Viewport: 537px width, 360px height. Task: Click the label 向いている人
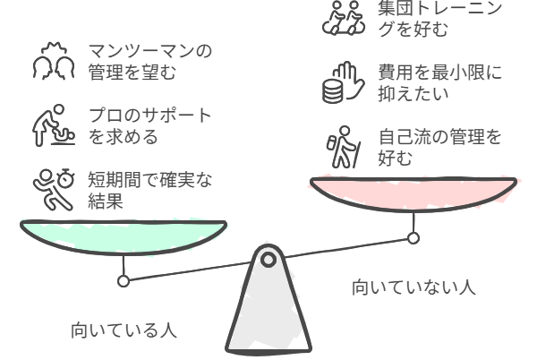124,330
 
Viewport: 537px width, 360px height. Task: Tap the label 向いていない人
413,287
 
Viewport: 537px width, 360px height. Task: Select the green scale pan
124,237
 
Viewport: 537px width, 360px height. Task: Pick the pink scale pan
413,194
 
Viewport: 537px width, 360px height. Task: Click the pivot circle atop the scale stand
268,260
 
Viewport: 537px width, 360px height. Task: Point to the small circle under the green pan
124,281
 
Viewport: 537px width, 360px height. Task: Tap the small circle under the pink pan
413,237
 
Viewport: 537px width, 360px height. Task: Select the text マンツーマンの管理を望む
150,61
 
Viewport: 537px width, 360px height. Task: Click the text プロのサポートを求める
150,125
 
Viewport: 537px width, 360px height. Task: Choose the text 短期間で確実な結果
150,190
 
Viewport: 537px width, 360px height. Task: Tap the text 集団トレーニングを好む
440,18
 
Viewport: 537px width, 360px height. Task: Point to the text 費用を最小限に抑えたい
440,82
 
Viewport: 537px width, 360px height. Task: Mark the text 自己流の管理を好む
440,147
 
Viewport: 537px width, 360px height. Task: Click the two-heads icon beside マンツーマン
54,61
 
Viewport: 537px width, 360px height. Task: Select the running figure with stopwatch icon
54,189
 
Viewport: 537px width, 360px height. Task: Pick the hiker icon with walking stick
344,147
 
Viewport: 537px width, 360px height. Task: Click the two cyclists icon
344,18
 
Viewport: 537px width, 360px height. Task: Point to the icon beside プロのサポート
54,125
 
